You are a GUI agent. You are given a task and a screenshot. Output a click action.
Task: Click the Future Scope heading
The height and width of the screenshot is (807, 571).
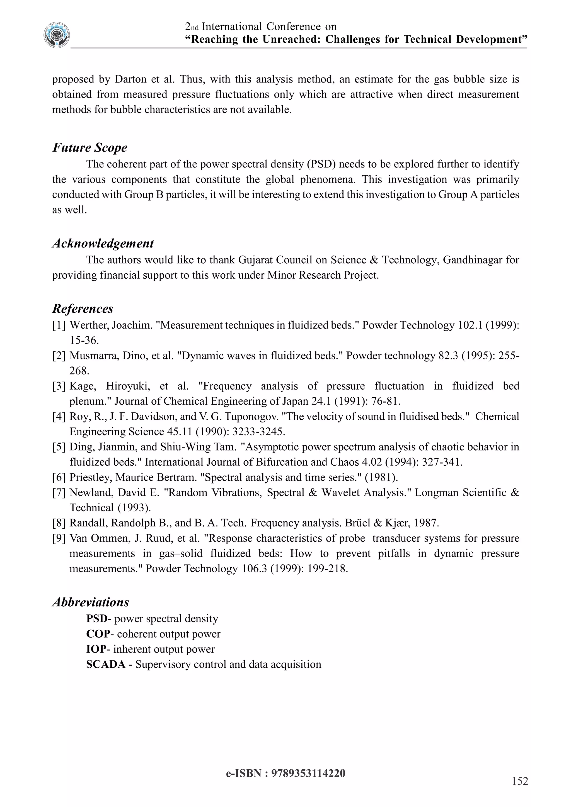point(90,148)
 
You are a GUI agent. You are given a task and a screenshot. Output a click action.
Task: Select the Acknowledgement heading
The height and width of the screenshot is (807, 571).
point(103,243)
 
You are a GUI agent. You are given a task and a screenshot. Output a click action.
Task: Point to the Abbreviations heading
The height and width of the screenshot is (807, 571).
point(91,602)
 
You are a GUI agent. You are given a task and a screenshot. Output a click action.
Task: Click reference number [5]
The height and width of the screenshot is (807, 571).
point(59,447)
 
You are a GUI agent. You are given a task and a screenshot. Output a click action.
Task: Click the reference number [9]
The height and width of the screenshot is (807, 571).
point(59,538)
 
